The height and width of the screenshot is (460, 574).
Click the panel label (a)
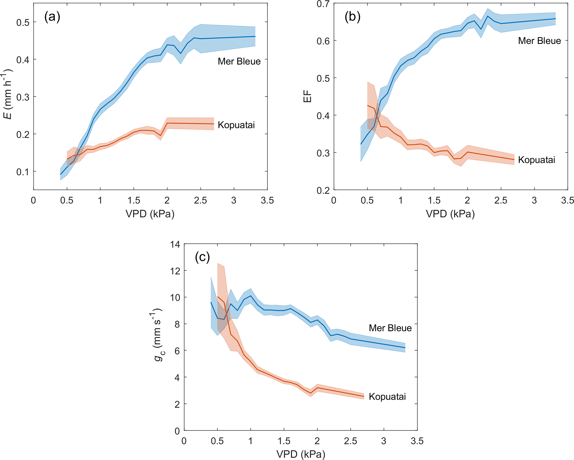pos(52,17)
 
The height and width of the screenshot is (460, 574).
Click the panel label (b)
pos(352,17)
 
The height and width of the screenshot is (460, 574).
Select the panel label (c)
pos(202,257)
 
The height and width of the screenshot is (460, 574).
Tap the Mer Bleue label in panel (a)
pos(239,61)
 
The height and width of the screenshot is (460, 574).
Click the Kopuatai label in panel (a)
pos(236,125)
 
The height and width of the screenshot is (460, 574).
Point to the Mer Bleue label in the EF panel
pos(539,41)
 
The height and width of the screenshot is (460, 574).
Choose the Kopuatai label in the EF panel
pos(537,160)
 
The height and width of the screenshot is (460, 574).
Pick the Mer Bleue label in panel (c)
pos(390,328)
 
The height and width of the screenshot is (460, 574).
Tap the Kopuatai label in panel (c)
pos(387,396)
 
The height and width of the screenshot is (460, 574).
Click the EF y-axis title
pos(308,96)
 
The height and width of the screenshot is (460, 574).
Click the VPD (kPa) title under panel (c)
pos(301,454)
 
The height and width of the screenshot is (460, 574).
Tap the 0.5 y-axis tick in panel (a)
pos(23,23)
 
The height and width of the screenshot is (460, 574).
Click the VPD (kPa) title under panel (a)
pos(150,214)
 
